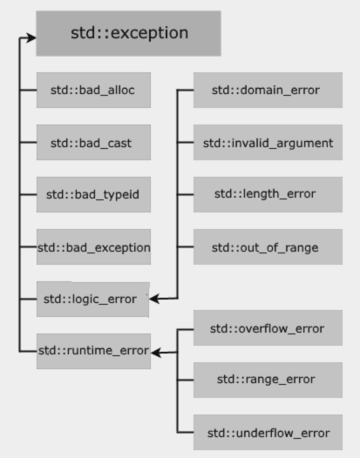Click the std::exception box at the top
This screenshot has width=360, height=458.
(x=128, y=33)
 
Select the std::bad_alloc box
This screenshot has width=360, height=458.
(x=93, y=90)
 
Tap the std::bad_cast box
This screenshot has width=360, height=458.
(x=93, y=142)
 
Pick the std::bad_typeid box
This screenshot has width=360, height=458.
(x=93, y=194)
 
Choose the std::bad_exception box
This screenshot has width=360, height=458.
(x=93, y=246)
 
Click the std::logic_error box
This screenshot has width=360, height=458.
(x=93, y=300)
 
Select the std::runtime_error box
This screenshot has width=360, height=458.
(x=93, y=351)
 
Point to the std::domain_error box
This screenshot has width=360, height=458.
(x=268, y=90)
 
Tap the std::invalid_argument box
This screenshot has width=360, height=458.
(x=268, y=142)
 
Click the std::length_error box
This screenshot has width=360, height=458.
(x=268, y=194)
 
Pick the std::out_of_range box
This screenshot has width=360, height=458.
(x=268, y=246)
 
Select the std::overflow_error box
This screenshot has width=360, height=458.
(x=268, y=327)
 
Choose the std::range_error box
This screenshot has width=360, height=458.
(x=268, y=380)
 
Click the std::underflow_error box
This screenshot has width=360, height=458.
(x=268, y=432)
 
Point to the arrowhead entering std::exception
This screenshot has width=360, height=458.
(x=30, y=37)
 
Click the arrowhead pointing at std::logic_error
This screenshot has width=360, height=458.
(x=154, y=299)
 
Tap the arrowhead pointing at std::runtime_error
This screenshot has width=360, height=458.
(x=156, y=353)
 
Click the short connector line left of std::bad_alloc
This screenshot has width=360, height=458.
(x=28, y=91)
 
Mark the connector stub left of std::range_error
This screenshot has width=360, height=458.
(x=185, y=380)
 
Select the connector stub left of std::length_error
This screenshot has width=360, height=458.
(x=185, y=194)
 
